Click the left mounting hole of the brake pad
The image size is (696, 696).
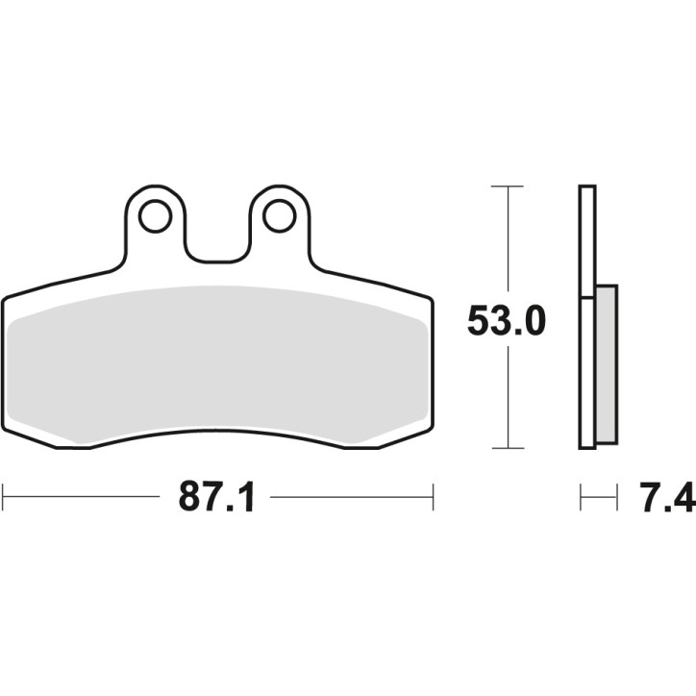tap(154, 217)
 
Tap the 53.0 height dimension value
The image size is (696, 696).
tap(507, 321)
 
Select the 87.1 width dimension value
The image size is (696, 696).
tap(216, 497)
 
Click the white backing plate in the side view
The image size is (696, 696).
tap(587, 317)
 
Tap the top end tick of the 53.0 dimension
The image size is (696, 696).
tap(507, 186)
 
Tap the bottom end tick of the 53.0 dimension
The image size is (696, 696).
tap(507, 448)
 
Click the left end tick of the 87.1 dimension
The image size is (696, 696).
tap(3, 497)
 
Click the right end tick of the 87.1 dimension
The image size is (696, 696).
tap(434, 497)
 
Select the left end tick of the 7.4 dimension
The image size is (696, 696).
tap(581, 497)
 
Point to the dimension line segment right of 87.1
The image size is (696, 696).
tap(351, 497)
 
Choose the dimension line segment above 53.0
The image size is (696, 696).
tap(507, 240)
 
